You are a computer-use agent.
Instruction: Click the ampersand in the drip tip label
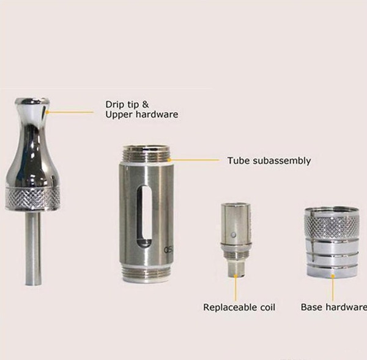point(146,105)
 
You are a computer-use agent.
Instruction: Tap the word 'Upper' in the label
point(119,114)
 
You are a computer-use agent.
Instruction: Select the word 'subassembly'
point(282,160)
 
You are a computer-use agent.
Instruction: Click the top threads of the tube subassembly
point(146,154)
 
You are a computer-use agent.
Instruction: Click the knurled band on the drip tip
point(32,198)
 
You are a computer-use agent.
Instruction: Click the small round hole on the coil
point(232,234)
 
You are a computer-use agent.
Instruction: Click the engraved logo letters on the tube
point(168,250)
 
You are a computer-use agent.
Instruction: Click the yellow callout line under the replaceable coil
point(235,288)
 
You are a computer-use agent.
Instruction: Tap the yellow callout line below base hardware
point(333,288)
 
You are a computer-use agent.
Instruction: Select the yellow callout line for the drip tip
point(70,112)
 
